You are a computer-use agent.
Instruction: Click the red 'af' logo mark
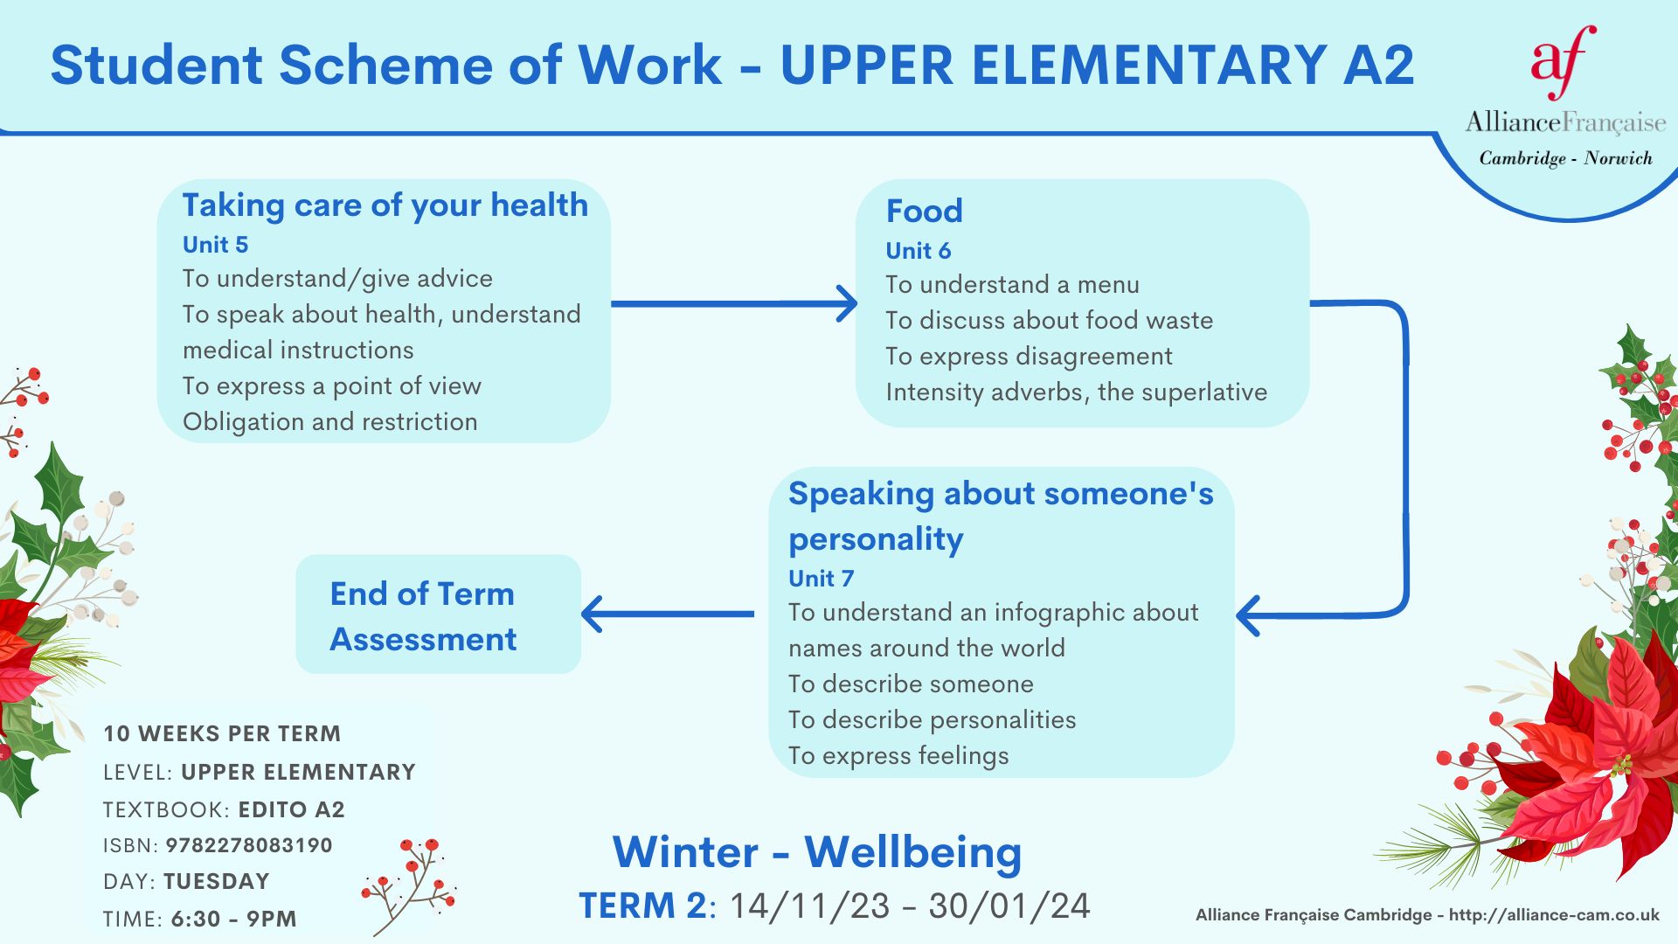click(1564, 63)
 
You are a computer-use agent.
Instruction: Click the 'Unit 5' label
click(215, 245)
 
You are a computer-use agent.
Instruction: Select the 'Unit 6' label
click(918, 251)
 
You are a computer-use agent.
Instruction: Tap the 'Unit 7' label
click(821, 579)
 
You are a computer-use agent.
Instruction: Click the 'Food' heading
click(924, 211)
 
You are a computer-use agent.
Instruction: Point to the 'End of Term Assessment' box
click(439, 614)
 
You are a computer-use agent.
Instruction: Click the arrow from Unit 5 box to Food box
click(734, 303)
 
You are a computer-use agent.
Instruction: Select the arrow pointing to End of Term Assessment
click(668, 614)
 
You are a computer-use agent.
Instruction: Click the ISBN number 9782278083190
click(249, 845)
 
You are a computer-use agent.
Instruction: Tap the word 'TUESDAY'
click(216, 881)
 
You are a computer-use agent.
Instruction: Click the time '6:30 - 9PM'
click(233, 919)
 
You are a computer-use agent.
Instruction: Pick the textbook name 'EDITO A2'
click(292, 809)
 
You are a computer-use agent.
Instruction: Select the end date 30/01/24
click(1009, 906)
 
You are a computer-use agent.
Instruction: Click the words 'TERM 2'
click(642, 906)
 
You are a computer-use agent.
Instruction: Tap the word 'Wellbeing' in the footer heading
click(912, 853)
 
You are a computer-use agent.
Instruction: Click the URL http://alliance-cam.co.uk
click(1554, 915)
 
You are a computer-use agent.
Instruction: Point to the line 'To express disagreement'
click(1029, 357)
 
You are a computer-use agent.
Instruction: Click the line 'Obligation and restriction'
click(329, 422)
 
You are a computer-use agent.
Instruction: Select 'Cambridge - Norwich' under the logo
click(1565, 158)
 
